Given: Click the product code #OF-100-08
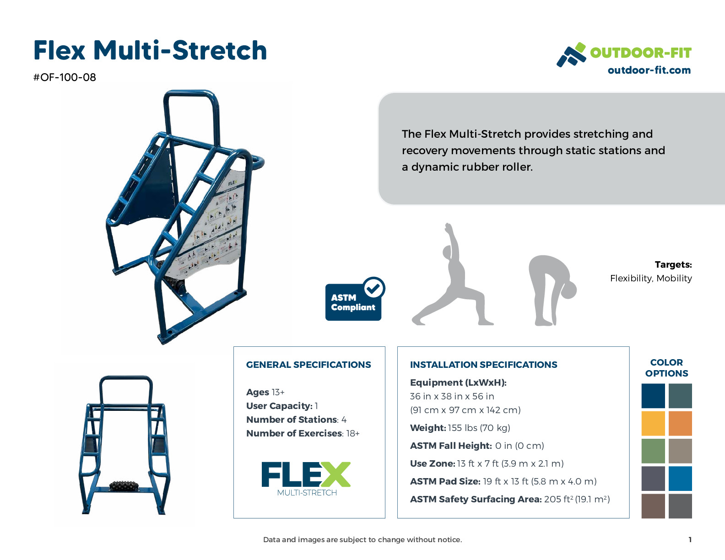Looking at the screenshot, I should click(65, 77).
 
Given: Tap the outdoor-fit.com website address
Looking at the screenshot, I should click(649, 70).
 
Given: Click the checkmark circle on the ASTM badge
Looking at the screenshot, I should click(374, 288).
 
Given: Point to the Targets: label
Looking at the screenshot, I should click(673, 264).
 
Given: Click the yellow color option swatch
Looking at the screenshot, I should click(653, 423).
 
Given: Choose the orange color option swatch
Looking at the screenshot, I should click(680, 423).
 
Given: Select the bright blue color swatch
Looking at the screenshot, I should click(680, 478).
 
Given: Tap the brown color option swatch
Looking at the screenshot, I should click(653, 506).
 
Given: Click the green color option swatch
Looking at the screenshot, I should click(653, 451).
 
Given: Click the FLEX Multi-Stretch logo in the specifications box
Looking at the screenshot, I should click(307, 479).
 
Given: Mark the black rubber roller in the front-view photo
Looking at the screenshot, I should click(124, 486).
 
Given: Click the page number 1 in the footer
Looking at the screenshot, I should click(690, 540).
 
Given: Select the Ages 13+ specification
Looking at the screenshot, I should click(265, 392).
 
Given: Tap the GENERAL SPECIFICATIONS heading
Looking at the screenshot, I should click(308, 365).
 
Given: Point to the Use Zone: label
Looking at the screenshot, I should click(432, 463).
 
